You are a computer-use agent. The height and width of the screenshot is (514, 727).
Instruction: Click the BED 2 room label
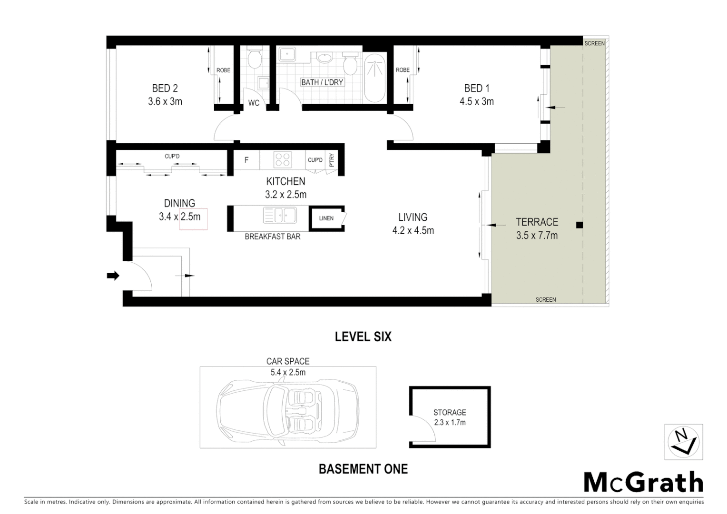165,88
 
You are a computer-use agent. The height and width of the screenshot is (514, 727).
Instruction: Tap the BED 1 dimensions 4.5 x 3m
476,101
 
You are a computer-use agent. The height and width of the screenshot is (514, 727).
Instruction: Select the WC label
254,103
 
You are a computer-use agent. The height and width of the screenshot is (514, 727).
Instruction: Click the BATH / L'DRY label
322,82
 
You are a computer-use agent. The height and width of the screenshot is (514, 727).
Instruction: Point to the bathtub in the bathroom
376,79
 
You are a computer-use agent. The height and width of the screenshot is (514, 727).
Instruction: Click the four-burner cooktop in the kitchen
282,160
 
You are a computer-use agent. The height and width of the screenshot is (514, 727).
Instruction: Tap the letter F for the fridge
246,160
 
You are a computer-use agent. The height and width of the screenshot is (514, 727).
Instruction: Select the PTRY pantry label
332,160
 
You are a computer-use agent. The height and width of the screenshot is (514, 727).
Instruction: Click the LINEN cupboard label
326,218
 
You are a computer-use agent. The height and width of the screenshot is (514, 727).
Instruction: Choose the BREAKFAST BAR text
272,237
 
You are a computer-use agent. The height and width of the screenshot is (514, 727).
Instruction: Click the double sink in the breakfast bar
280,215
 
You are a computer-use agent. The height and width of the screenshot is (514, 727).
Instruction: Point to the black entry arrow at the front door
113,275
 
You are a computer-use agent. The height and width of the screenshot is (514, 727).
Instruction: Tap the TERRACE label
537,222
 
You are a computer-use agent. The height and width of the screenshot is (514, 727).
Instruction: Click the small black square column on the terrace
579,225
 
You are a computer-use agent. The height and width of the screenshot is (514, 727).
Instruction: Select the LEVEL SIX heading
363,337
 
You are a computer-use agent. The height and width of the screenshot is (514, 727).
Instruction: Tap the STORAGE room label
450,413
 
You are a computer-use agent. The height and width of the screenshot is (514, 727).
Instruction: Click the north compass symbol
683,442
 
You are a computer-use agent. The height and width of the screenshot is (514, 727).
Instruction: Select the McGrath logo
643,483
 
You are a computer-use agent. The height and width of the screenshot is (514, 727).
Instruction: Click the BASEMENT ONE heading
363,469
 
